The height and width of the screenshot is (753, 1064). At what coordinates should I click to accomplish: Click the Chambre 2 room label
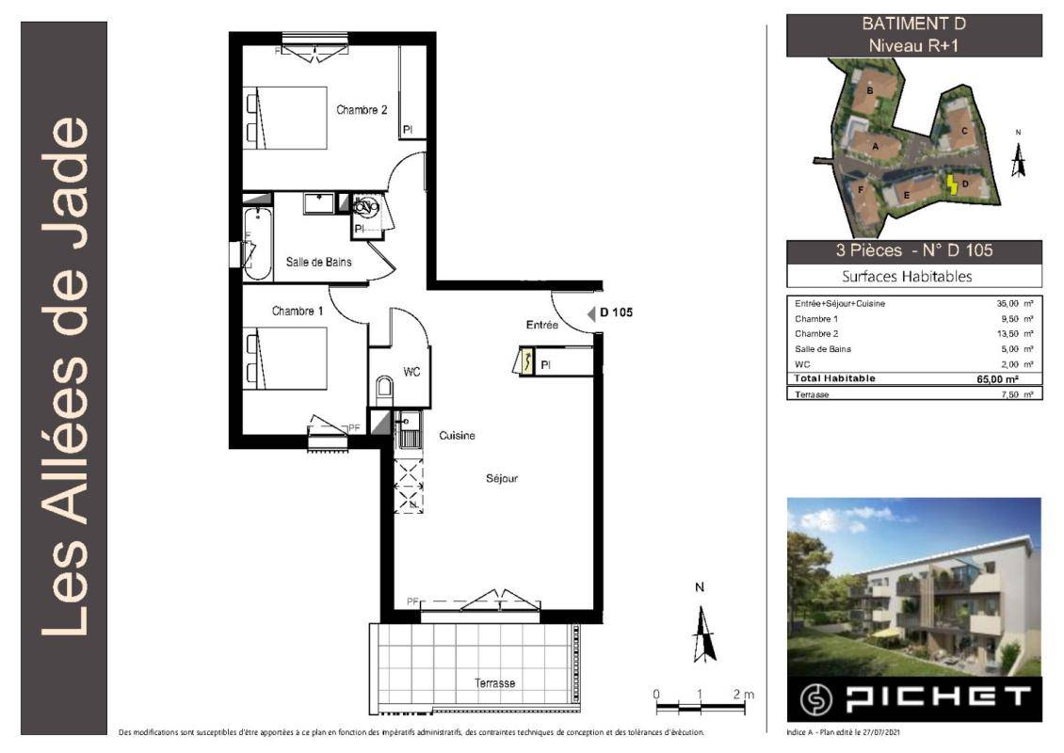[362, 110]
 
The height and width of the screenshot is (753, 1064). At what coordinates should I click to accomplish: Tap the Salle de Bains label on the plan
[318, 262]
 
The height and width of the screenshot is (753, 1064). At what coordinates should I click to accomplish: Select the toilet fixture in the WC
[383, 389]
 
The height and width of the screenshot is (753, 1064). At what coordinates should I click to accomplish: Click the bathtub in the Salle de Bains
[258, 244]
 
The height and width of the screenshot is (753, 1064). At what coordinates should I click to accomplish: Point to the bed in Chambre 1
[285, 359]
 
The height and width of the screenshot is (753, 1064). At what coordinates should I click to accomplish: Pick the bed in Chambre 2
[285, 118]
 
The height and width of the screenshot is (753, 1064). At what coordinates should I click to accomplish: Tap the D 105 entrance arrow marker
[590, 312]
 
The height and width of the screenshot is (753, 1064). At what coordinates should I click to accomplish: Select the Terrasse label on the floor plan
[494, 683]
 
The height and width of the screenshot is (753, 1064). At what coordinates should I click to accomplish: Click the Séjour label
[502, 478]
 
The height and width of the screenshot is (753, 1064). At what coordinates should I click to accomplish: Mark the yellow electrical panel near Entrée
[526, 360]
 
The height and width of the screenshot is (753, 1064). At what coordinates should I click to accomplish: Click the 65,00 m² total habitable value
[997, 379]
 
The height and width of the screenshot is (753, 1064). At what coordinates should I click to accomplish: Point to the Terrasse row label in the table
[812, 394]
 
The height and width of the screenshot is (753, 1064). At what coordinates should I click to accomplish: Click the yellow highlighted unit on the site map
[952, 184]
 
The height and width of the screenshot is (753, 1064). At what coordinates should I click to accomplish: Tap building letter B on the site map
[870, 91]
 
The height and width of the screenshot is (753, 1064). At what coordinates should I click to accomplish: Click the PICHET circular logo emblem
[815, 699]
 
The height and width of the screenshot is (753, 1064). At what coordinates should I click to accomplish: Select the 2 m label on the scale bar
[743, 694]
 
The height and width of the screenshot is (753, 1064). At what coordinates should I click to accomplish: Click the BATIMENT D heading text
[913, 24]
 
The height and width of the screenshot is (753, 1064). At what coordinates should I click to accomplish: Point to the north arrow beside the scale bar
[703, 633]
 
